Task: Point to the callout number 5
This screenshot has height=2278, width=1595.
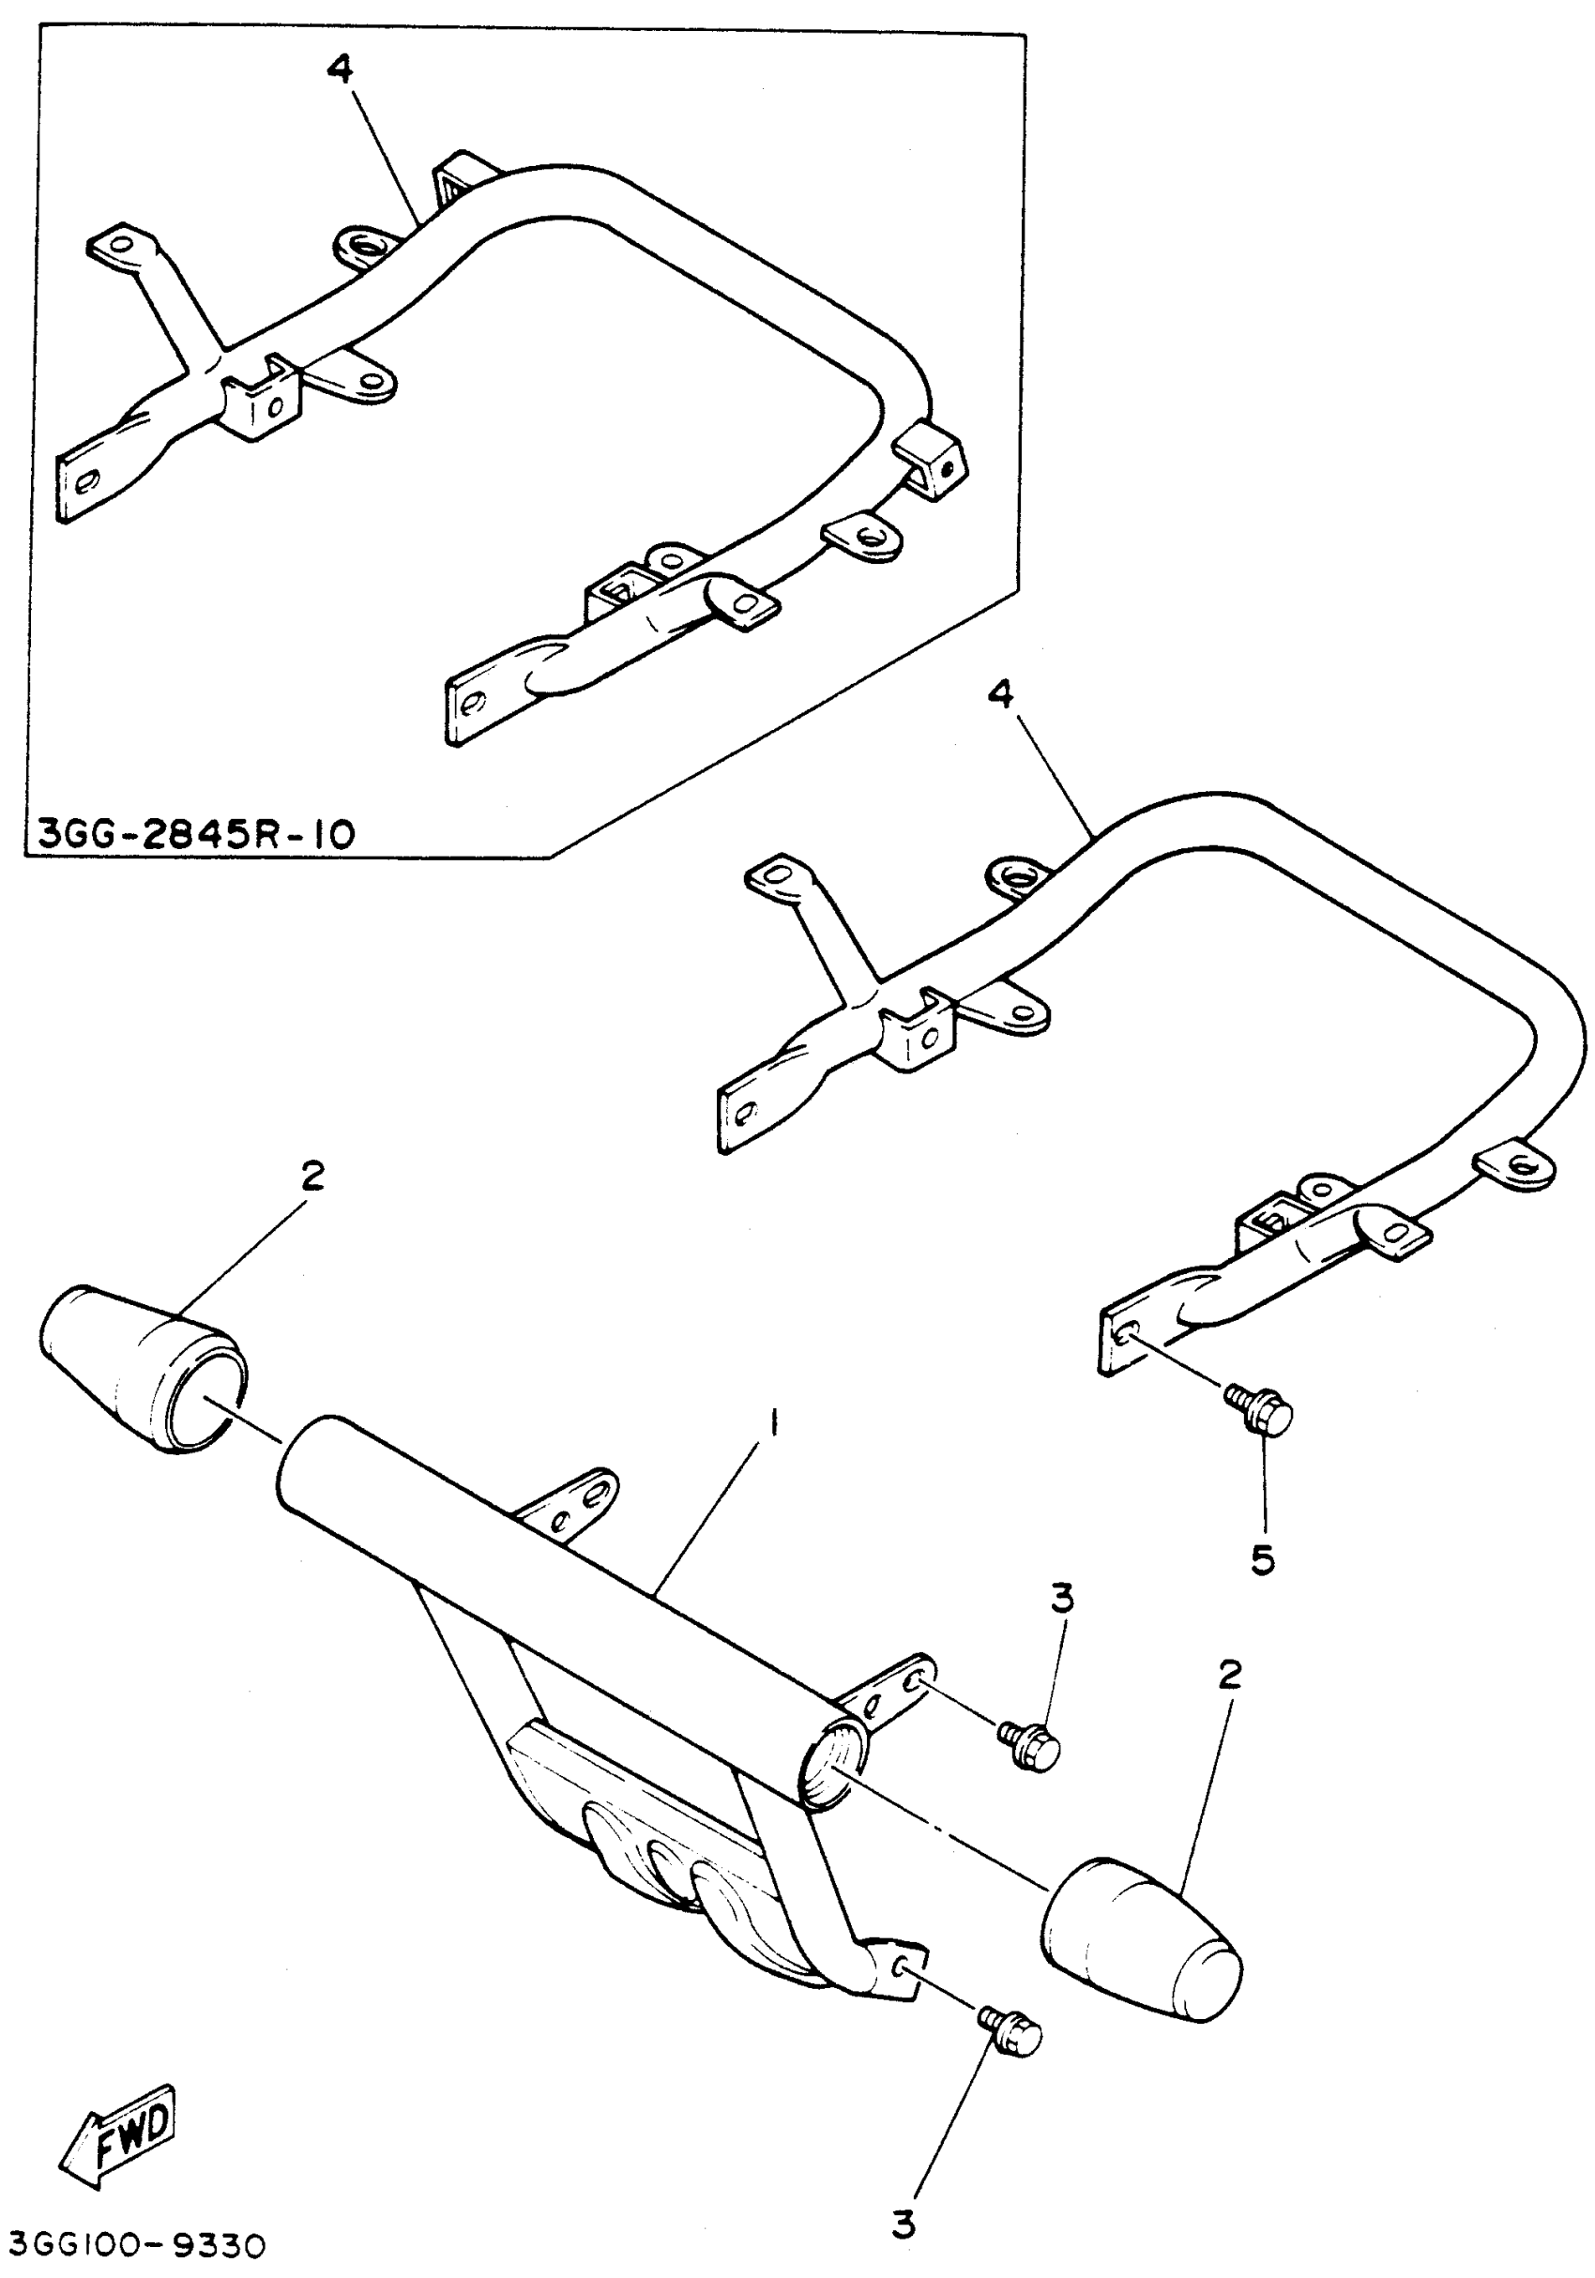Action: (x=1262, y=1559)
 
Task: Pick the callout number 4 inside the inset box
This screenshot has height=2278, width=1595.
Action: (x=340, y=71)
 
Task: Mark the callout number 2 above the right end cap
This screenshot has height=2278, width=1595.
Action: (x=1229, y=1676)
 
